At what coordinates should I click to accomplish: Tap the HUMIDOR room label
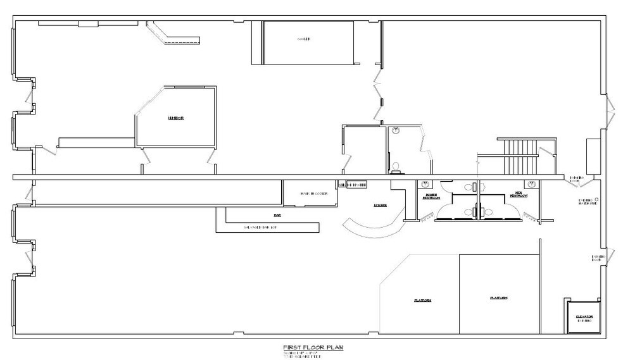click(x=175, y=118)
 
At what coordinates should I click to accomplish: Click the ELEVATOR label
click(x=583, y=317)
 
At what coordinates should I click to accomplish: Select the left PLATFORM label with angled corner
click(x=423, y=300)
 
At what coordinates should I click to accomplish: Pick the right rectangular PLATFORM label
click(x=498, y=297)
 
